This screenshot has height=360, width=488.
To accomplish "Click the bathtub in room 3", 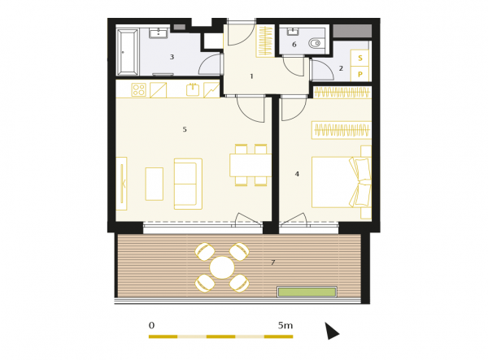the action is coord(128,52).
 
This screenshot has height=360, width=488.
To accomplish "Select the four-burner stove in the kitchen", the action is coord(138,90).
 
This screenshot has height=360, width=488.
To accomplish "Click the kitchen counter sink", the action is coord(193,89).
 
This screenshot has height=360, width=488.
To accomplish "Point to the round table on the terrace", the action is coord(222,267).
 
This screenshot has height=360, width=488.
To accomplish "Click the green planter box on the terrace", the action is coord(307,292).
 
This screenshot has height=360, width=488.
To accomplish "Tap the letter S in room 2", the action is coord(360,59).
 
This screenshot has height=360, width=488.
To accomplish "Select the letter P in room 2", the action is coord(360,74).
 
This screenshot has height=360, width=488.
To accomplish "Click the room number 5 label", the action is coord(185,129).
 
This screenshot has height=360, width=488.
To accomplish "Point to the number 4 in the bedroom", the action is coord(297,174).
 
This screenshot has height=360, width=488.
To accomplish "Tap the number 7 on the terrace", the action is coord(273,262).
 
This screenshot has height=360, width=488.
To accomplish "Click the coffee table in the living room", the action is coord(155,184).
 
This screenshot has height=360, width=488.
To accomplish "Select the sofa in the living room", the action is coord(188,184).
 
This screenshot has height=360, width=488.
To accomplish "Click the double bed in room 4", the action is coord(342,182).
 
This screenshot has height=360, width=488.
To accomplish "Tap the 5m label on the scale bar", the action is coord(285,326).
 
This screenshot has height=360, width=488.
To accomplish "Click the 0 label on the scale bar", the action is coord(151,326).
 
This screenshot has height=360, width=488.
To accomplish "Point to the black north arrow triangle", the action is coord(331,331).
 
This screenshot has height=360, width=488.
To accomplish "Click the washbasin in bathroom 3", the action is coord(159,33).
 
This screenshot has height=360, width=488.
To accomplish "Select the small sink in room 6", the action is coord(293,31).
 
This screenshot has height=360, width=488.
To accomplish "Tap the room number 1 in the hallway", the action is coord(252,76).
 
